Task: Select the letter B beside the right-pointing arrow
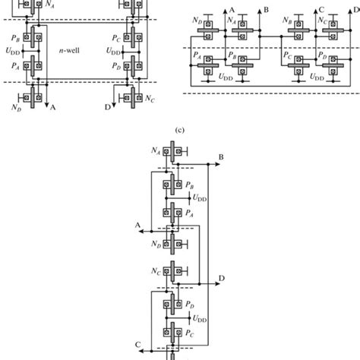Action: (x=221, y=156)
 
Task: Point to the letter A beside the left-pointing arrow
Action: (x=138, y=225)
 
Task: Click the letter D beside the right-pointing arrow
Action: (x=221, y=279)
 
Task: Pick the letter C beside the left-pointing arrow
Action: (x=138, y=346)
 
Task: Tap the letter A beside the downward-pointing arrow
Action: (x=53, y=108)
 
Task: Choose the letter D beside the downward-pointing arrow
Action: (x=106, y=108)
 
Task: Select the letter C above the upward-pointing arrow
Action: (x=322, y=10)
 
